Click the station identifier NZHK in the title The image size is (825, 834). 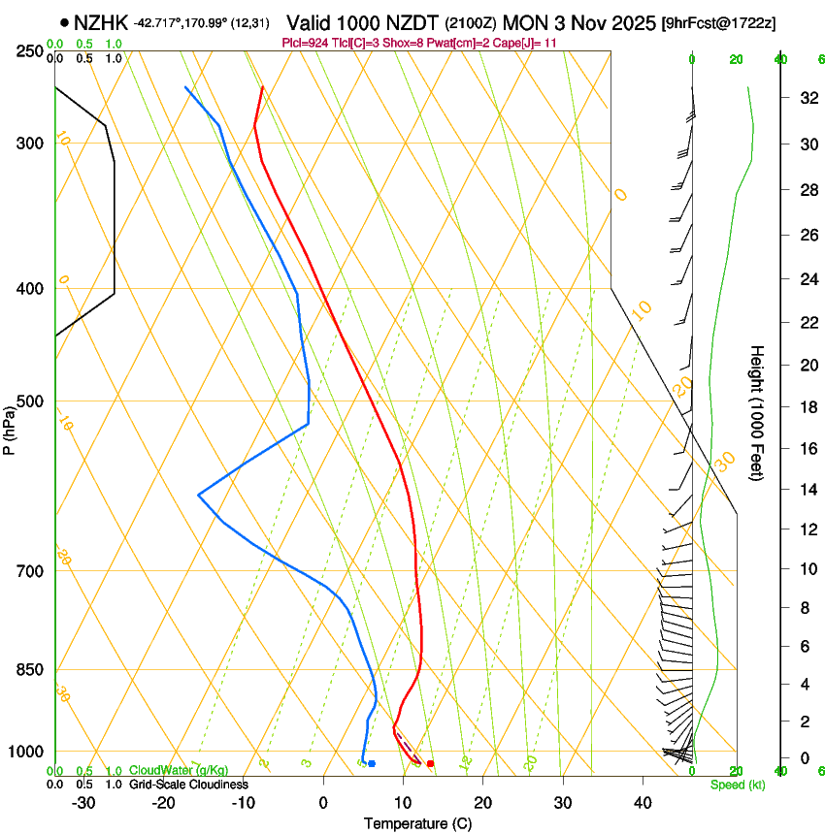tap(101, 21)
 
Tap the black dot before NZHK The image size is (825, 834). tap(64, 21)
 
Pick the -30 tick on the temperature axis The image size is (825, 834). tap(83, 803)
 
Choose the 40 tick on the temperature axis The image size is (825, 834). tap(643, 803)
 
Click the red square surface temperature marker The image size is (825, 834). tap(430, 764)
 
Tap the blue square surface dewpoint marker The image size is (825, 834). tap(372, 764)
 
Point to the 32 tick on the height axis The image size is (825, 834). tap(806, 98)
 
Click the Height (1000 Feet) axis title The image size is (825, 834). tap(757, 412)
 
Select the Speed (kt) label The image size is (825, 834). tap(737, 785)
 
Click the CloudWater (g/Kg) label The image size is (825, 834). tap(179, 771)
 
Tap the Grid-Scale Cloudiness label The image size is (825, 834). tap(188, 785)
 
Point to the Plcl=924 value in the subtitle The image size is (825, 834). tap(305, 43)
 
